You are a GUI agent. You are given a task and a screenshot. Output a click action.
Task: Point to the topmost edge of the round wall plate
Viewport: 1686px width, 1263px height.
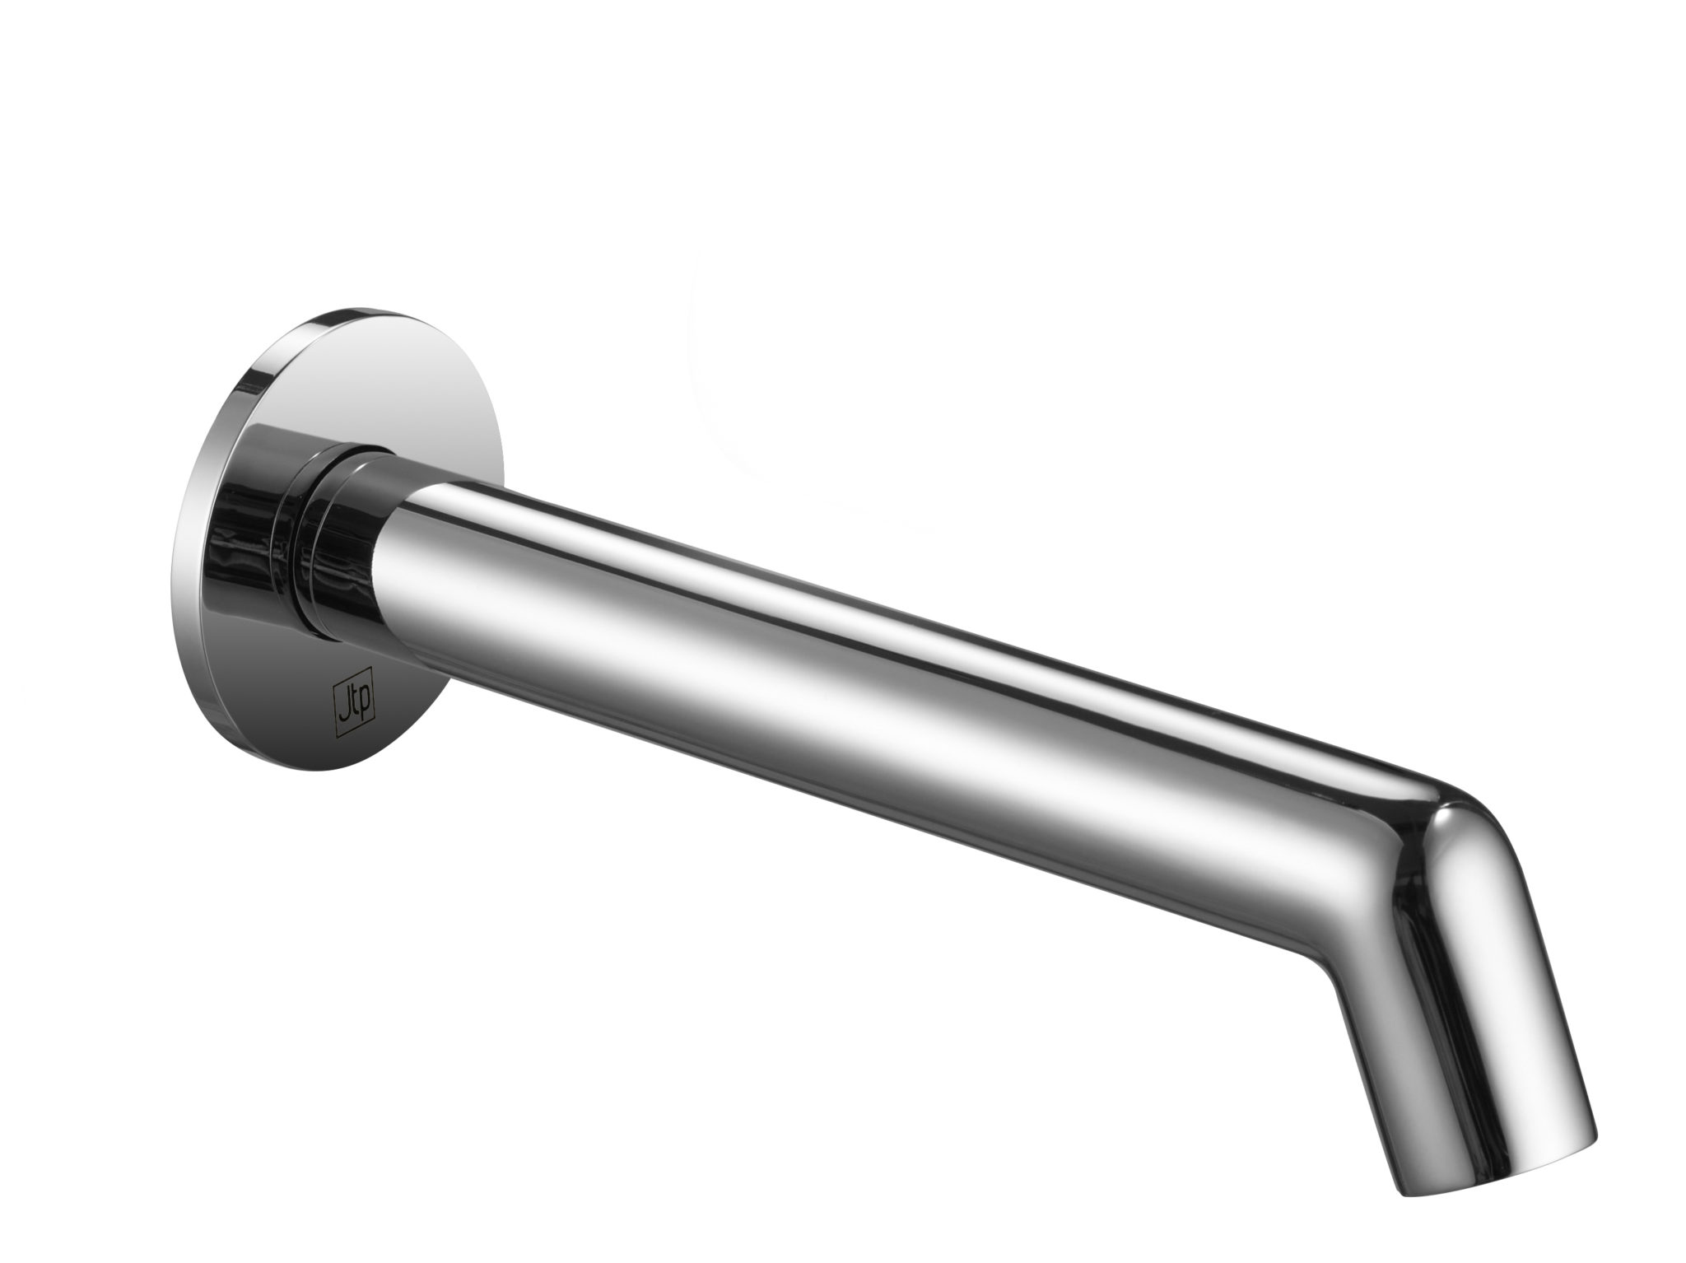tap(354, 315)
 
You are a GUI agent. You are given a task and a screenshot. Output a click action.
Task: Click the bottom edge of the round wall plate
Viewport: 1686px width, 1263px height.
tap(346, 776)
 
